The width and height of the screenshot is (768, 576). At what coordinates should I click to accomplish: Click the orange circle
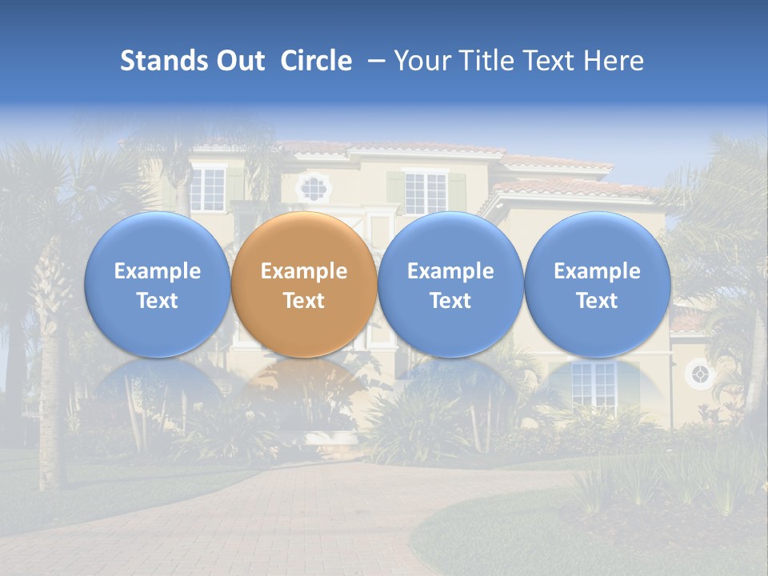(x=304, y=285)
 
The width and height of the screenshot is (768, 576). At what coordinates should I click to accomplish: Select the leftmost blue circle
(x=157, y=285)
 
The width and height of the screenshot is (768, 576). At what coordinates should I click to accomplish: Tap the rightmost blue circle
(x=597, y=285)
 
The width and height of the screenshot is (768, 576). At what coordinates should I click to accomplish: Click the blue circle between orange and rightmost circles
(x=450, y=285)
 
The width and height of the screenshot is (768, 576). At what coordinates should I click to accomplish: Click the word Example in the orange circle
(x=304, y=271)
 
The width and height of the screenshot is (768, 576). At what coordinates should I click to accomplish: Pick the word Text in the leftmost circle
(x=157, y=301)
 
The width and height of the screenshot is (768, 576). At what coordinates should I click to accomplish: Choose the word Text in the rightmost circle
(x=597, y=301)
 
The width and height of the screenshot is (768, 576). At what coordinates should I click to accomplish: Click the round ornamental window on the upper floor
(x=312, y=188)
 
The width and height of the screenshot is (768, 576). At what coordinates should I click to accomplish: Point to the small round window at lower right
(x=699, y=374)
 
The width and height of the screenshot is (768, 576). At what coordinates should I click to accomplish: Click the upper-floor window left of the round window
(x=208, y=188)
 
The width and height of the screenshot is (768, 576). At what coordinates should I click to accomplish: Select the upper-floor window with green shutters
(x=425, y=193)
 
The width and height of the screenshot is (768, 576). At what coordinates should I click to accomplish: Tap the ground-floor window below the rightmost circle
(x=593, y=382)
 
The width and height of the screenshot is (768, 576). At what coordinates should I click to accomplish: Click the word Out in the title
(x=241, y=61)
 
